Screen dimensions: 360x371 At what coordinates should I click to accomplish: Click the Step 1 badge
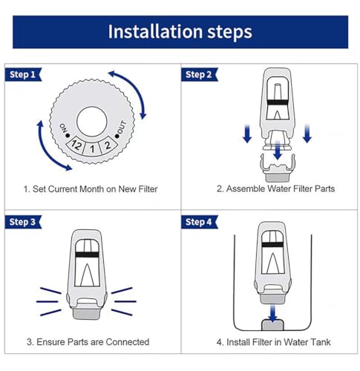coord(23,74)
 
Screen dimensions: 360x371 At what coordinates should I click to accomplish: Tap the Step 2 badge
coord(199,74)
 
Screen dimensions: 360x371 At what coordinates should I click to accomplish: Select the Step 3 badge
coord(23,222)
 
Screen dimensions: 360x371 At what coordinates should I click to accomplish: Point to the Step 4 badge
coord(199,222)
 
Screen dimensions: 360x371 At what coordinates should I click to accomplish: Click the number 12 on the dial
coord(76,145)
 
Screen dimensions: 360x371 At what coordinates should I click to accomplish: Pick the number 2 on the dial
coord(108,145)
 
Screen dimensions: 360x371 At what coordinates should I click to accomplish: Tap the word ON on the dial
coord(63,128)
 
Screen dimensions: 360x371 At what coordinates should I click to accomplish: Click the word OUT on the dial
coord(122,127)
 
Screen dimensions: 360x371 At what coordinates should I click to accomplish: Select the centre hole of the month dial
coord(92,122)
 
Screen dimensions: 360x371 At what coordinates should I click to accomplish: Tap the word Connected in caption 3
coord(128,342)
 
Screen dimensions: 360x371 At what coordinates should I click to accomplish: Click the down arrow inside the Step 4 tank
coord(272,313)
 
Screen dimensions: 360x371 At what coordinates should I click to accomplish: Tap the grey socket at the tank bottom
coord(272,325)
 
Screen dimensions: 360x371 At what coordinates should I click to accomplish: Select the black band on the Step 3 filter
coord(87,255)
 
